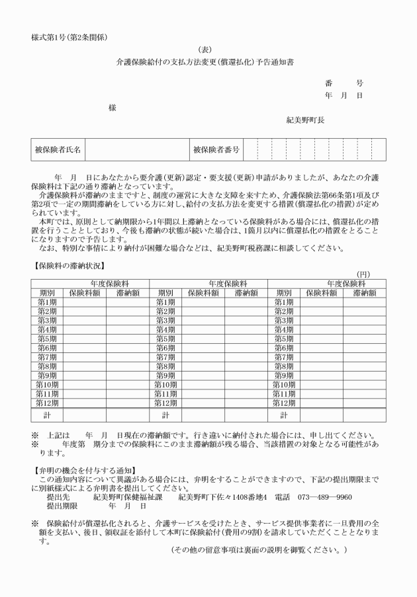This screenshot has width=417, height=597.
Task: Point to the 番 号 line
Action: coord(344,83)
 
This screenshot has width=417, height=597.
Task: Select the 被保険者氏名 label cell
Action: coord(58,149)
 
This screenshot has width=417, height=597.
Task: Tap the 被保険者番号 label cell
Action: coord(216,149)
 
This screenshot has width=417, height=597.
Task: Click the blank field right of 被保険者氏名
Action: coord(136,149)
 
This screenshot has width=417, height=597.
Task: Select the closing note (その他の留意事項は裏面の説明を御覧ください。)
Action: coord(258,549)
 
